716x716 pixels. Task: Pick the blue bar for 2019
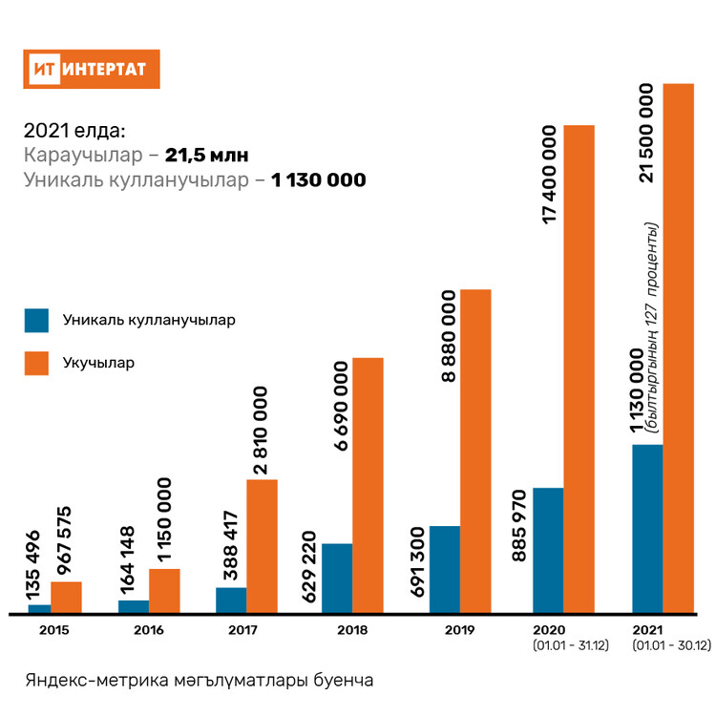445,568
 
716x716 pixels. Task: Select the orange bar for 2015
66,596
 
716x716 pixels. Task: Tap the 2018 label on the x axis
352,630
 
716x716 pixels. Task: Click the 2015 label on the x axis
53,630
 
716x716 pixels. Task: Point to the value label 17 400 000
550,175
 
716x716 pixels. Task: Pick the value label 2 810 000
261,431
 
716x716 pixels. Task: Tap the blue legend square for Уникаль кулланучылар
36,320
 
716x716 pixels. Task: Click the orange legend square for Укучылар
36,363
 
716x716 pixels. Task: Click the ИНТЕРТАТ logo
92,69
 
